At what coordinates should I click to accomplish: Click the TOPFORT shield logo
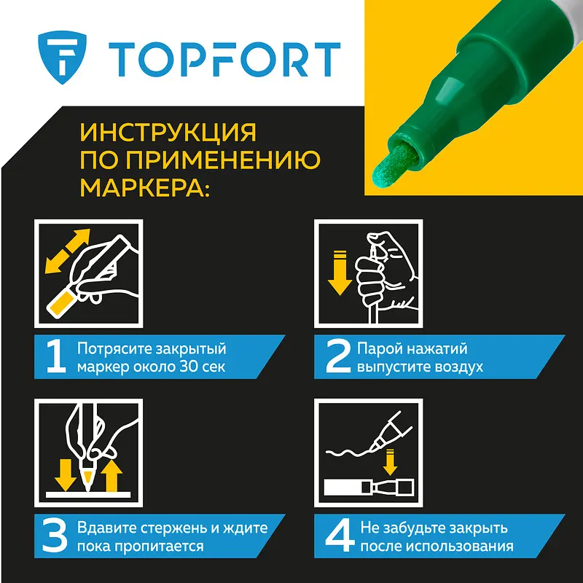pyautogui.click(x=62, y=58)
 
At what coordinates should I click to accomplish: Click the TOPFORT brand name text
pyautogui.click(x=224, y=60)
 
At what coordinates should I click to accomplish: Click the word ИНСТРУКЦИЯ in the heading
pyautogui.click(x=168, y=132)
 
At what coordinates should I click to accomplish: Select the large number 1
pyautogui.click(x=56, y=357)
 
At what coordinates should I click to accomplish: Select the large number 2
pyautogui.click(x=338, y=357)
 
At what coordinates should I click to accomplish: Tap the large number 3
pyautogui.click(x=55, y=536)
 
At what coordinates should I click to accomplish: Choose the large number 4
pyautogui.click(x=340, y=536)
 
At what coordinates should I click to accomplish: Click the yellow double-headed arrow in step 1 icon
pyautogui.click(x=68, y=251)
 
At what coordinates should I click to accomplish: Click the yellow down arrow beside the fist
pyautogui.click(x=340, y=273)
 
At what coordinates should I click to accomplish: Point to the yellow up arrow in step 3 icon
pyautogui.click(x=112, y=476)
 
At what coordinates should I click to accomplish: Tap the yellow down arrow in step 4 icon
pyautogui.click(x=390, y=462)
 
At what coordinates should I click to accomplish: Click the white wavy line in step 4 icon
pyautogui.click(x=350, y=453)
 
